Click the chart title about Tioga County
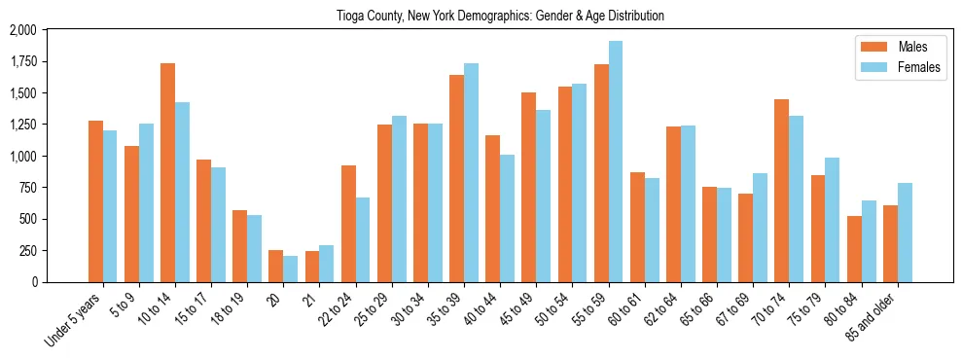click(x=481, y=17)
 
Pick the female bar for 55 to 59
click(x=616, y=162)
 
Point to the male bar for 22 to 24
click(x=348, y=224)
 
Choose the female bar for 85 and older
click(x=905, y=233)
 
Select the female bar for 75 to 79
click(x=833, y=220)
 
